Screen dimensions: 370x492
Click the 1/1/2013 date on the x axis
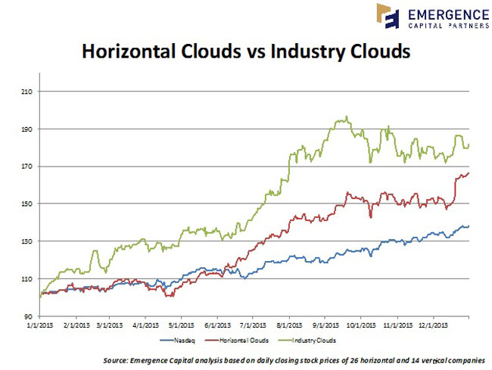(40, 326)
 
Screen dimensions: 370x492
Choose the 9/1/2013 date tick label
(322, 326)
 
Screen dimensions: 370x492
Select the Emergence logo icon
(388, 16)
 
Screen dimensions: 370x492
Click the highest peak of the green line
(347, 117)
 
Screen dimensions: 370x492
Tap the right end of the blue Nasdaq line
(469, 225)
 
